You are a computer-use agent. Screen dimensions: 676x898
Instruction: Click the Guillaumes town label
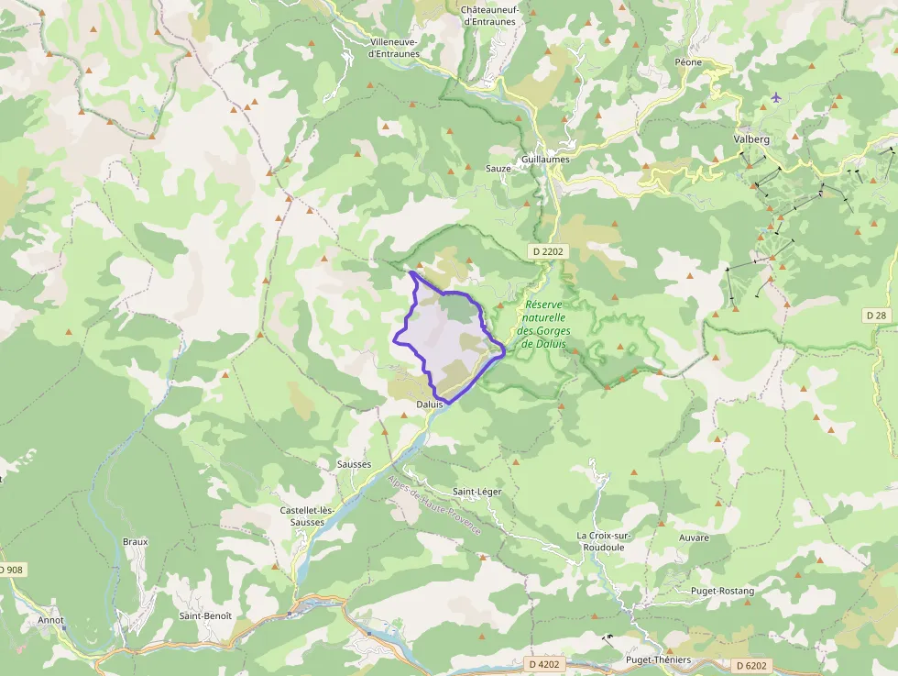pyautogui.click(x=545, y=159)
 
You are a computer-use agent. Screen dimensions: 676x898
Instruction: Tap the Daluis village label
pyautogui.click(x=430, y=404)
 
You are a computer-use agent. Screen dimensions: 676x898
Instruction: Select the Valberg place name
pyautogui.click(x=751, y=139)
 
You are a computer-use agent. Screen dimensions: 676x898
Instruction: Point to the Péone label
pyautogui.click(x=688, y=62)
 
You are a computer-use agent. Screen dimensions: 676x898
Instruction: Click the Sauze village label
pyautogui.click(x=498, y=169)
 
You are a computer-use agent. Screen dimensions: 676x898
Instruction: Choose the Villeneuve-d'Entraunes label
pyautogui.click(x=394, y=48)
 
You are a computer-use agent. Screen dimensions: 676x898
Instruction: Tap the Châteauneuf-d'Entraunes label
pyautogui.click(x=490, y=16)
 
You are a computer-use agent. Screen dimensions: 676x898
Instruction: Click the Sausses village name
pyautogui.click(x=354, y=464)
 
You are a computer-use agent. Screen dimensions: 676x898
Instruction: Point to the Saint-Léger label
pyautogui.click(x=477, y=492)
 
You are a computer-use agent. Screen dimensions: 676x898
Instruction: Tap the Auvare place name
pyautogui.click(x=695, y=537)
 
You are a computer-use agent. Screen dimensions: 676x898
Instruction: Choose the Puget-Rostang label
pyautogui.click(x=723, y=591)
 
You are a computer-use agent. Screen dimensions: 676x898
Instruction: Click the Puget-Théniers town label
pyautogui.click(x=657, y=659)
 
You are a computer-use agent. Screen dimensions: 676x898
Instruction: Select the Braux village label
pyautogui.click(x=135, y=541)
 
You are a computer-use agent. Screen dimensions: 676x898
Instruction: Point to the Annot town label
pyautogui.click(x=51, y=620)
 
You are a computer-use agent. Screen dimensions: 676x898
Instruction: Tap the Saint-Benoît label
pyautogui.click(x=205, y=615)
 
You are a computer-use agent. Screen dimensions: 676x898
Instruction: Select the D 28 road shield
pyautogui.click(x=877, y=315)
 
